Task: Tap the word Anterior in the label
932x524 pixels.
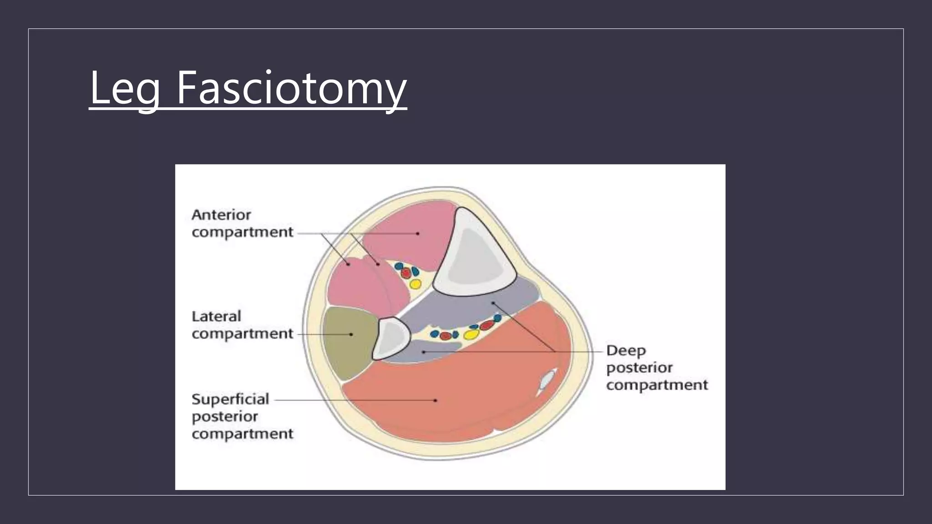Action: (221, 215)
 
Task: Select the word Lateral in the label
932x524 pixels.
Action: (216, 316)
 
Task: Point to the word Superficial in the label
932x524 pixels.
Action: (230, 399)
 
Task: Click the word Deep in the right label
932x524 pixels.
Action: (626, 351)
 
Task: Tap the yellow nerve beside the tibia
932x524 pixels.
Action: (415, 284)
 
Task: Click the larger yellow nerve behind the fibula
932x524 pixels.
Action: (471, 335)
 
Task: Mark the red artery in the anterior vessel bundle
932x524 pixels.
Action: (405, 273)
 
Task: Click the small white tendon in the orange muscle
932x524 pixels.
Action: (546, 380)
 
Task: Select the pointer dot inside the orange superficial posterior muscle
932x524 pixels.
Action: (436, 400)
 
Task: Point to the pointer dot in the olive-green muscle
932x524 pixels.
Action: (351, 334)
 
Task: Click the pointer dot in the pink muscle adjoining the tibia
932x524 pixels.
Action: (418, 233)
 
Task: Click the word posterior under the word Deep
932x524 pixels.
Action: (639, 368)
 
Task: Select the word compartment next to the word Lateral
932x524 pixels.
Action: (242, 334)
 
